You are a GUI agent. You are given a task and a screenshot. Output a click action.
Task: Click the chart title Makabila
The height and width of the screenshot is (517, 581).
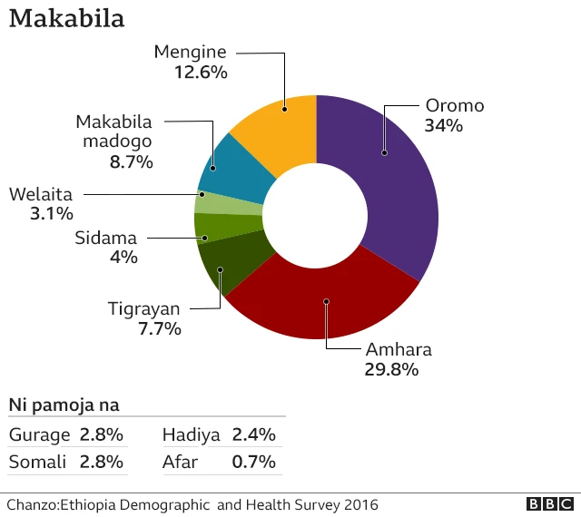(66, 19)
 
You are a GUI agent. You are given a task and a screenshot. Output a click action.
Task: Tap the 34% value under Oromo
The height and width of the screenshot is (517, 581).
(443, 126)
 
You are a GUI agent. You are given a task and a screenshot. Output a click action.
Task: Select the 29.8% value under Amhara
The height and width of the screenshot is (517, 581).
(392, 369)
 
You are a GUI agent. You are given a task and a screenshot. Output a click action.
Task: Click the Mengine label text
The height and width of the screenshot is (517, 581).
(190, 52)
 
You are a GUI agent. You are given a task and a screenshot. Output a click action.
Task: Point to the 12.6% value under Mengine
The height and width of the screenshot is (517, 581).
(201, 72)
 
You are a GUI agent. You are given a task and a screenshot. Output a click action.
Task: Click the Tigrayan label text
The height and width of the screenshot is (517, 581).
(144, 308)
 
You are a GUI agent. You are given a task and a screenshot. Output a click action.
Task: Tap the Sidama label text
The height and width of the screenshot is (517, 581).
(105, 238)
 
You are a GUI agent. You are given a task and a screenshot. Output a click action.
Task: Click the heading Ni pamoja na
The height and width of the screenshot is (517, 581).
(64, 405)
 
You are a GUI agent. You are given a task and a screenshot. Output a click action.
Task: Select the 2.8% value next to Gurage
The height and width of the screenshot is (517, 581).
(102, 434)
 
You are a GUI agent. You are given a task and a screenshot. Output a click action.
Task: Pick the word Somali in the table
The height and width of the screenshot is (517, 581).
(37, 462)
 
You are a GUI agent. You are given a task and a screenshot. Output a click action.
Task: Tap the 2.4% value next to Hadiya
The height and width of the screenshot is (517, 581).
(254, 434)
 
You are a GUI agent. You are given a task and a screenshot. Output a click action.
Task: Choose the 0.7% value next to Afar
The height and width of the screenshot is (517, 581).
(254, 462)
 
